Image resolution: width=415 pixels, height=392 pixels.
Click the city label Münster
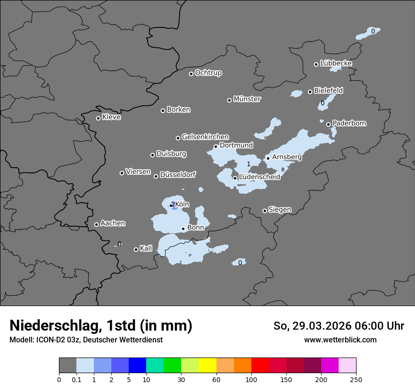[247, 99]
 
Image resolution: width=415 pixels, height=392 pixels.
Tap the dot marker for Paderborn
[329, 125]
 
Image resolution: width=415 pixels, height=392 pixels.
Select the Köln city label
[182, 205]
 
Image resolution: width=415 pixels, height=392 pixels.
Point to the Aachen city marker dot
[96, 224]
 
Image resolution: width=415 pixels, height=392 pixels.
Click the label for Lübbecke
[336, 63]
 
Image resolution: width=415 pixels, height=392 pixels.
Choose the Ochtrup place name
[208, 73]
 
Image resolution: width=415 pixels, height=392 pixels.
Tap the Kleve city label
[111, 117]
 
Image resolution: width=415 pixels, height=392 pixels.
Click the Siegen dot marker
[265, 211]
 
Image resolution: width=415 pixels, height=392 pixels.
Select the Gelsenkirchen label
[205, 137]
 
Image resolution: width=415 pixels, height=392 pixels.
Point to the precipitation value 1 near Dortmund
[249, 164]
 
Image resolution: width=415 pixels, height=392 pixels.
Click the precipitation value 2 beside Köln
[173, 205]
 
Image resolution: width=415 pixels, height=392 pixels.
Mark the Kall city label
[146, 248]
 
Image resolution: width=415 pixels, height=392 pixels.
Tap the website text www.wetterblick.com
[340, 340]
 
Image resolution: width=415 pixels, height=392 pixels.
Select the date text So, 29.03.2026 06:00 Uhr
[339, 326]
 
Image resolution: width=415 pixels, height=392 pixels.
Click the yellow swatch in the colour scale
[207, 366]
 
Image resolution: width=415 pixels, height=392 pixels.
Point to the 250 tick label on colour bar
[356, 380]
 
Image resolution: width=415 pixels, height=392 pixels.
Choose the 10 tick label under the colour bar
[146, 380]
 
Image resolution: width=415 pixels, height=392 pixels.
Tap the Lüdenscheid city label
[259, 177]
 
